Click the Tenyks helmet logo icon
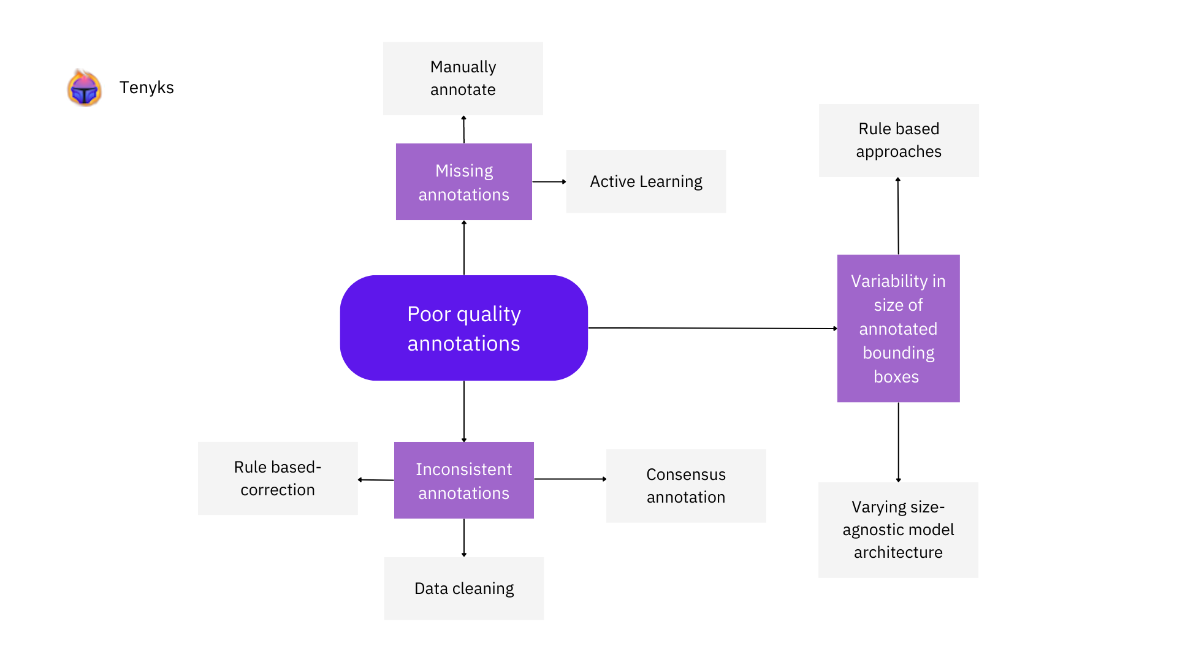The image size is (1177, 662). coord(84,88)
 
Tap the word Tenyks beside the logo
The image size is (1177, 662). coord(147,88)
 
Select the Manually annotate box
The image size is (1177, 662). coord(463,78)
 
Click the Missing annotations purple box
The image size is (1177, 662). coord(463,182)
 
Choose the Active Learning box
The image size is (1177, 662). coord(646,181)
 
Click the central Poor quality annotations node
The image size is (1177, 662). coord(463,328)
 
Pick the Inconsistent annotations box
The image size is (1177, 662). coord(463,481)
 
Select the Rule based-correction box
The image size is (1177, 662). coord(278,478)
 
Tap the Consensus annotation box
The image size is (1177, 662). coord(685,485)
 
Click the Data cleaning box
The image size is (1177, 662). coord(463,588)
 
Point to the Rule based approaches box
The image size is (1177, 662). coord(898,140)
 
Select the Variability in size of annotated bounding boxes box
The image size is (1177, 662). coord(898,328)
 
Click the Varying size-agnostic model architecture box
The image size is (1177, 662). coord(898,530)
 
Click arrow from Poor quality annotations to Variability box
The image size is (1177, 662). coord(711,328)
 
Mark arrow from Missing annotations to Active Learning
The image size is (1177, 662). coord(549,181)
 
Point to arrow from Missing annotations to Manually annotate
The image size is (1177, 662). coord(463,129)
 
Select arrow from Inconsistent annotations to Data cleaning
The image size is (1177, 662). coord(463,538)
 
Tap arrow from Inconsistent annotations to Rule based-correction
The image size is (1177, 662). coord(376,480)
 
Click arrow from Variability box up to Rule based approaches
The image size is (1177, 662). coord(898,216)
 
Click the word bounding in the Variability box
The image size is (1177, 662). coord(898,353)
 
